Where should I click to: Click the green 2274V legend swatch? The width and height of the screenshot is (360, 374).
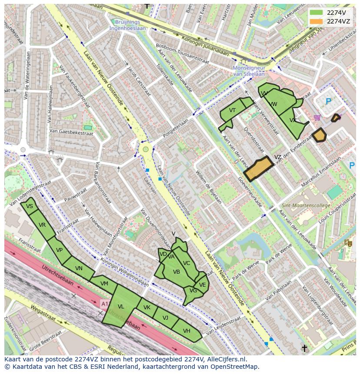point(317,13)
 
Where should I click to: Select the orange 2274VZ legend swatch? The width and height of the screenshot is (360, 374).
point(317,21)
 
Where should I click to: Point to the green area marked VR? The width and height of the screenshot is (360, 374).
point(42,225)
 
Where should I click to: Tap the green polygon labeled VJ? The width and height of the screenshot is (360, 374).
point(166,318)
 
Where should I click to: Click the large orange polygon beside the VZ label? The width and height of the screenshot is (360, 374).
point(258,169)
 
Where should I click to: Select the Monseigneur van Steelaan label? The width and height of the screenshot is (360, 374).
point(249,71)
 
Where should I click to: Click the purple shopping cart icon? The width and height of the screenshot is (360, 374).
point(317,117)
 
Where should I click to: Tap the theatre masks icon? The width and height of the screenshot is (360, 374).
point(347,243)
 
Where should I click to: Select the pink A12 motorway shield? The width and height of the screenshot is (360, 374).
point(105,303)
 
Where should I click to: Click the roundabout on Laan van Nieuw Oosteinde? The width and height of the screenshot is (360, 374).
point(146,149)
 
